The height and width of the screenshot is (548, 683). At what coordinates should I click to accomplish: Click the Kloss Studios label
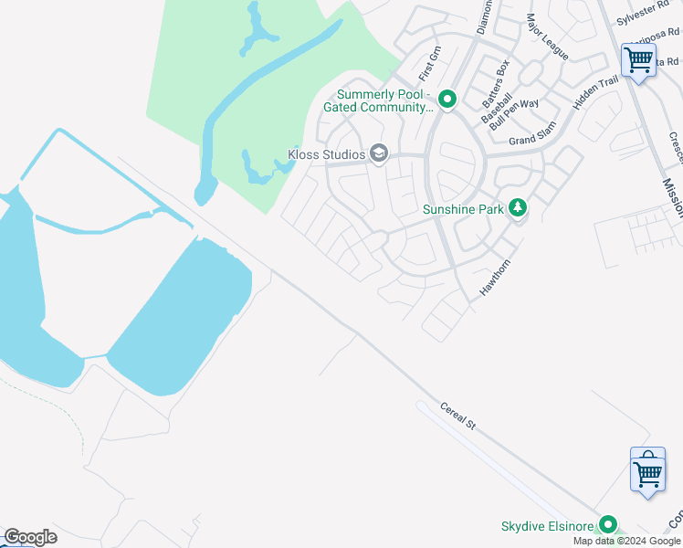(327, 154)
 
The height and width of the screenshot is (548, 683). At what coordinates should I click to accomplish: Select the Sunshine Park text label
(464, 209)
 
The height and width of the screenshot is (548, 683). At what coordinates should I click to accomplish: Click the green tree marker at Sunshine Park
(518, 208)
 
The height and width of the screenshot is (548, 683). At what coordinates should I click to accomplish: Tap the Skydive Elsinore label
(547, 527)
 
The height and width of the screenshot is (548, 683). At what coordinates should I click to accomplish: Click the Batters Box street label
(496, 79)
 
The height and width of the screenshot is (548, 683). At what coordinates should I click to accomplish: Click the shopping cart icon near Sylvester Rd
(638, 61)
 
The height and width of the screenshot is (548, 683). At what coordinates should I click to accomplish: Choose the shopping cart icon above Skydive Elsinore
(647, 472)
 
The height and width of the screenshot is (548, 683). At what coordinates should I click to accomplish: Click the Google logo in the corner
(30, 537)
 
